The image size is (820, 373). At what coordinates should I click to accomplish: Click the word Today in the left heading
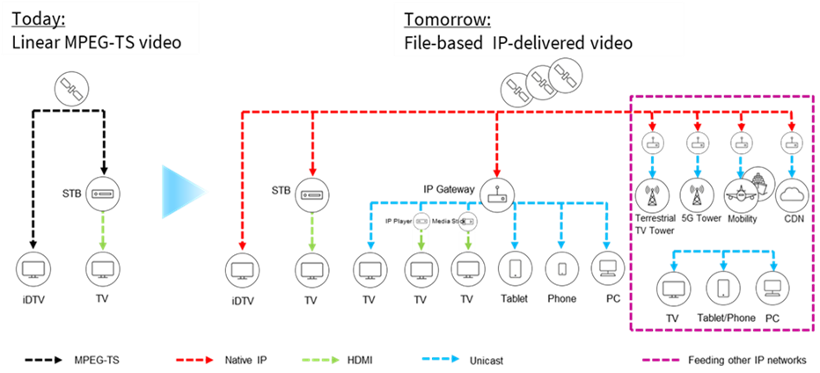pyautogui.click(x=34, y=19)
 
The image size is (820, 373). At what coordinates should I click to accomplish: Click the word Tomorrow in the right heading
pyautogui.click(x=446, y=19)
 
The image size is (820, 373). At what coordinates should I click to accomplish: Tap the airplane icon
pyautogui.click(x=741, y=196)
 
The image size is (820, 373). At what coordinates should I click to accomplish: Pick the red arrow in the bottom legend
pyautogui.click(x=194, y=359)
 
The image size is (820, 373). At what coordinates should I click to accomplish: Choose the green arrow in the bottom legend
pyautogui.click(x=321, y=359)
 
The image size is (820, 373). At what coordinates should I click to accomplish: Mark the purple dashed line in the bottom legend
pyautogui.click(x=660, y=359)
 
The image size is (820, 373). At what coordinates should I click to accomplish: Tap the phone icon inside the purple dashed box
pyautogui.click(x=723, y=288)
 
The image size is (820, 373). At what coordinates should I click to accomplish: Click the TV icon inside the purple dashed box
pyautogui.click(x=676, y=288)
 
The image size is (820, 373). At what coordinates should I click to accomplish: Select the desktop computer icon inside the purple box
pyautogui.click(x=772, y=288)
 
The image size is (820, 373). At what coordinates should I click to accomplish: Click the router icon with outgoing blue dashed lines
pyautogui.click(x=497, y=194)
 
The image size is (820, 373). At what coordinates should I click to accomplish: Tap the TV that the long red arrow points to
pyautogui.click(x=243, y=267)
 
